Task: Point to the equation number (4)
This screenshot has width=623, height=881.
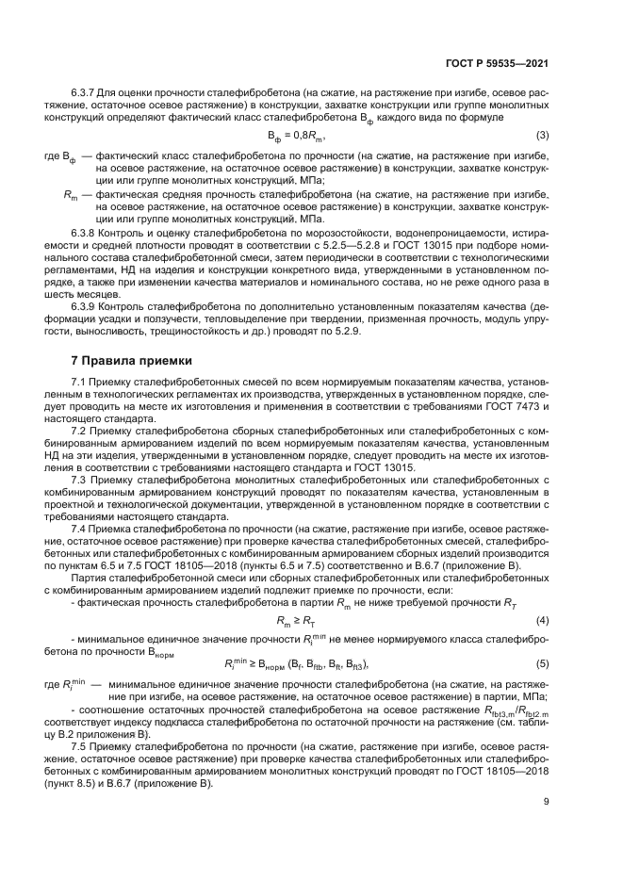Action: tap(543, 620)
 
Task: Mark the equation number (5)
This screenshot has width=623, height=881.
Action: tap(543, 663)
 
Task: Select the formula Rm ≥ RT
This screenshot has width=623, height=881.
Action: tap(297, 621)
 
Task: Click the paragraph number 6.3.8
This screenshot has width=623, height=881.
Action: tap(87, 231)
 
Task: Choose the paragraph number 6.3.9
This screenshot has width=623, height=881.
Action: tap(87, 306)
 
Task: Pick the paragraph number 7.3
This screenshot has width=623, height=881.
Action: tap(81, 480)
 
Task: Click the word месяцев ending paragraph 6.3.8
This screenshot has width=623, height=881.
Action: tap(94, 293)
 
